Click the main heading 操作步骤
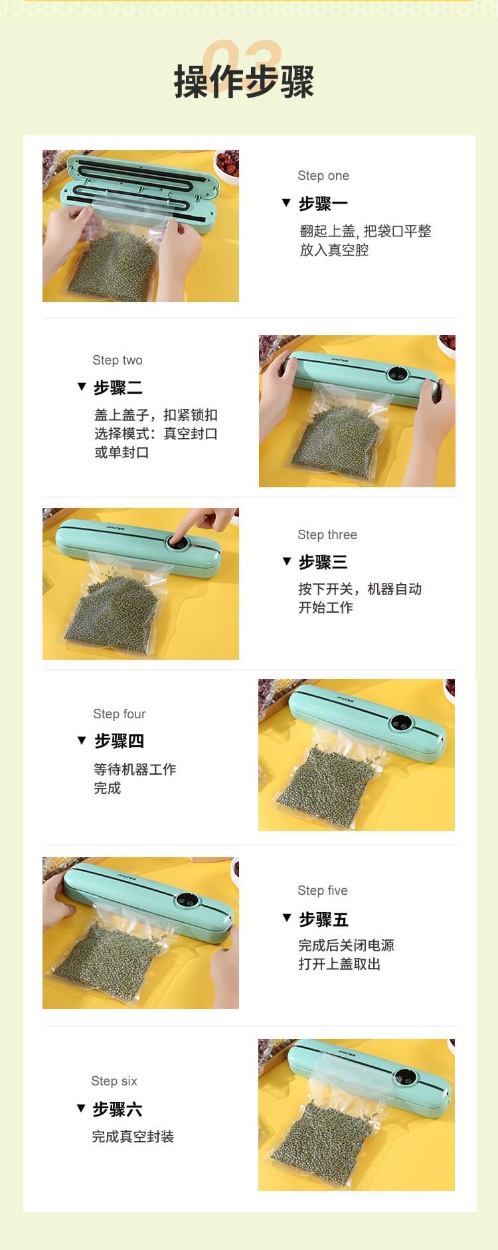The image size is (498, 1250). pos(244,82)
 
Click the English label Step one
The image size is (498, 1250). pos(323,176)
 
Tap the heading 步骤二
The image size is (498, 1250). pos(118,388)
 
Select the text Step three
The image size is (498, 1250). pos(327,535)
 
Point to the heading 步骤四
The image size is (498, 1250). pos(119,741)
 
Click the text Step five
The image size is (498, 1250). pos(323,891)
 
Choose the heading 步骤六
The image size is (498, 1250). pos(118,1109)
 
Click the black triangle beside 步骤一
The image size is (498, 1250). pos(286,202)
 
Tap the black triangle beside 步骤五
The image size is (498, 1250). pos(287,918)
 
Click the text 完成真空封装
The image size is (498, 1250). pos(133,1137)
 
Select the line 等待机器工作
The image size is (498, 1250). pos(135,769)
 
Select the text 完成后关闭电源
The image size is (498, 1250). pos(346,945)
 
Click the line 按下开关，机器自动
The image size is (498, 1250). pos(360,589)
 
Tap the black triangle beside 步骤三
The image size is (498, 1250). pos(287,561)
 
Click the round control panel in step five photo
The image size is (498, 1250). pos(187,901)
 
